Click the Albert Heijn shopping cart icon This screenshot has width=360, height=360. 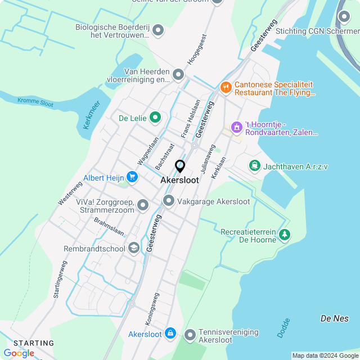[x=132, y=178]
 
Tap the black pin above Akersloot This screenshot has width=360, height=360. [x=180, y=166]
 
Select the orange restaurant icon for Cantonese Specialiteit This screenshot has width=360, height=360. [x=226, y=87]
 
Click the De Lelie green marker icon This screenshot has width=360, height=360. [x=155, y=118]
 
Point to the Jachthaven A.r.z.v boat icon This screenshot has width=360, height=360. [x=255, y=166]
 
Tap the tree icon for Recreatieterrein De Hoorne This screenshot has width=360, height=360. [x=285, y=235]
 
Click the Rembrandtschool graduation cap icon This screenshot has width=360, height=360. [x=133, y=247]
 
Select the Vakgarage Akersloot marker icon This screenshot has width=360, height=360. [x=168, y=201]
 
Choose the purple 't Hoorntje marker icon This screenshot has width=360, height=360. [x=237, y=128]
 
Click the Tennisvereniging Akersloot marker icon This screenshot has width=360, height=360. [x=190, y=335]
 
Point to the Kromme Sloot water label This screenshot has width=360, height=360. [x=35, y=102]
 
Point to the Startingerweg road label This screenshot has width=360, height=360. [x=60, y=279]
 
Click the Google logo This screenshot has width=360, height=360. [x=19, y=353]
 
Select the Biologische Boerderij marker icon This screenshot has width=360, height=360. [x=159, y=30]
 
